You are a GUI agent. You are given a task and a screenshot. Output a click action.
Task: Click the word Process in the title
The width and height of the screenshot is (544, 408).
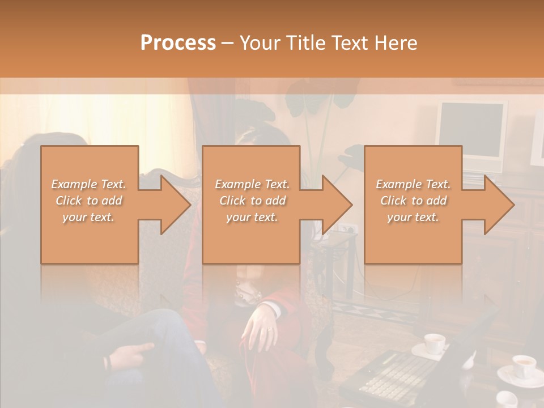178,43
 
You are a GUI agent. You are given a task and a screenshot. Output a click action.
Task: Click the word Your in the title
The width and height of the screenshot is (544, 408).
260,43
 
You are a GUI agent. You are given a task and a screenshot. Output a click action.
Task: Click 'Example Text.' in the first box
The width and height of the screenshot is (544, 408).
89,184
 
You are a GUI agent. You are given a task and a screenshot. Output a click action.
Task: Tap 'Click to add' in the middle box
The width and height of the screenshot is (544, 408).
252,201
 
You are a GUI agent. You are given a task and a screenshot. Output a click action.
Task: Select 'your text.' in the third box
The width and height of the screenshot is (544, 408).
413,217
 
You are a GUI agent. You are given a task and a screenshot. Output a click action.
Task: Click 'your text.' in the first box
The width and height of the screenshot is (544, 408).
89,217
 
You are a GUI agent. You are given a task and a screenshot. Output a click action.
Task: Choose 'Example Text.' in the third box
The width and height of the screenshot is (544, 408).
413,184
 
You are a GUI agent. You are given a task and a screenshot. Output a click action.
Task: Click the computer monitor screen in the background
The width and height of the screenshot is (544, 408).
472,132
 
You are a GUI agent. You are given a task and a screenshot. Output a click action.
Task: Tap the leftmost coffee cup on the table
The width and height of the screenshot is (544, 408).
435,343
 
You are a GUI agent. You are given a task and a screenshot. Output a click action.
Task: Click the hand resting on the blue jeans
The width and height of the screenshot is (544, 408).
131,354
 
